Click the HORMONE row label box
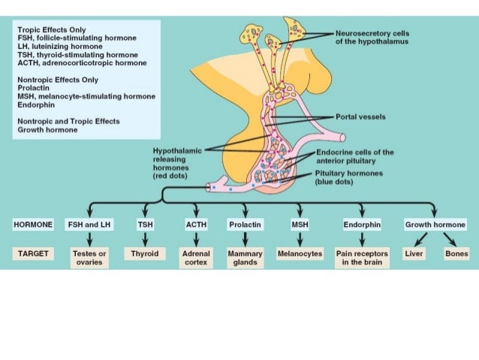(x=33, y=224)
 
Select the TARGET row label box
(x=33, y=254)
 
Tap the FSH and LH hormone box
(x=89, y=224)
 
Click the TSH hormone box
(x=146, y=224)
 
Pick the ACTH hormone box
(x=195, y=224)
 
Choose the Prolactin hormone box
(x=246, y=224)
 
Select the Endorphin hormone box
(x=362, y=224)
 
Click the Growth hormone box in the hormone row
(x=435, y=224)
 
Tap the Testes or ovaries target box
(x=89, y=258)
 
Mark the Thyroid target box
(x=146, y=254)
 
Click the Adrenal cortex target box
(x=195, y=258)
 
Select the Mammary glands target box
(x=246, y=258)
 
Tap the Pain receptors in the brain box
(x=362, y=258)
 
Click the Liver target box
(x=414, y=254)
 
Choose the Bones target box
(x=456, y=254)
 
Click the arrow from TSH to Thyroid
(x=146, y=239)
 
